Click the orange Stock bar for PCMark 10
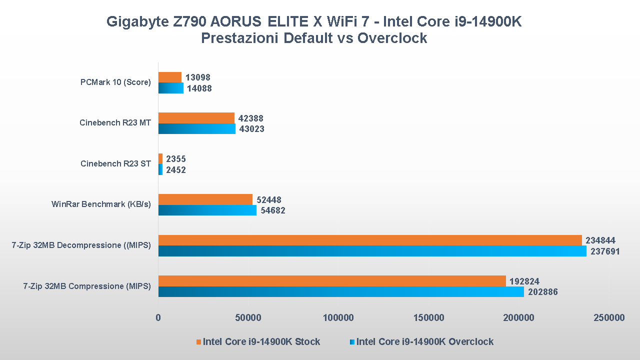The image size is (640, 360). (x=170, y=77)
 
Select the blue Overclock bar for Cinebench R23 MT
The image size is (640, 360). (x=197, y=129)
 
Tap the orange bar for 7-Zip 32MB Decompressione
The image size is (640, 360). (x=370, y=240)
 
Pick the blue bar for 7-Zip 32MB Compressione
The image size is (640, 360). (x=341, y=292)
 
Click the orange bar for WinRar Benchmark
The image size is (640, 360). (x=205, y=199)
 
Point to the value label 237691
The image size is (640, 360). (x=605, y=251)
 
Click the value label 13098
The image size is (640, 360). (x=198, y=77)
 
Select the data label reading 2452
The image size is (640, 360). (x=176, y=170)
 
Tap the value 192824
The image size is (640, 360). (x=524, y=281)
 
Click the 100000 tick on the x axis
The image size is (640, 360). (x=338, y=317)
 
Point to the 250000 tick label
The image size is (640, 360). (x=609, y=317)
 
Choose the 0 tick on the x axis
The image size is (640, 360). (x=158, y=317)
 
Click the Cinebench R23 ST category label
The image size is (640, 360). (x=115, y=164)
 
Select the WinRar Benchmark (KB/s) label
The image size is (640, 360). (x=101, y=204)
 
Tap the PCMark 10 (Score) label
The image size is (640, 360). (x=115, y=82)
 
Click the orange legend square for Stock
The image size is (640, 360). (x=198, y=342)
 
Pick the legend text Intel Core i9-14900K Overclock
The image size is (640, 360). (x=424, y=342)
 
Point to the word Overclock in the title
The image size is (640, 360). (x=392, y=38)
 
